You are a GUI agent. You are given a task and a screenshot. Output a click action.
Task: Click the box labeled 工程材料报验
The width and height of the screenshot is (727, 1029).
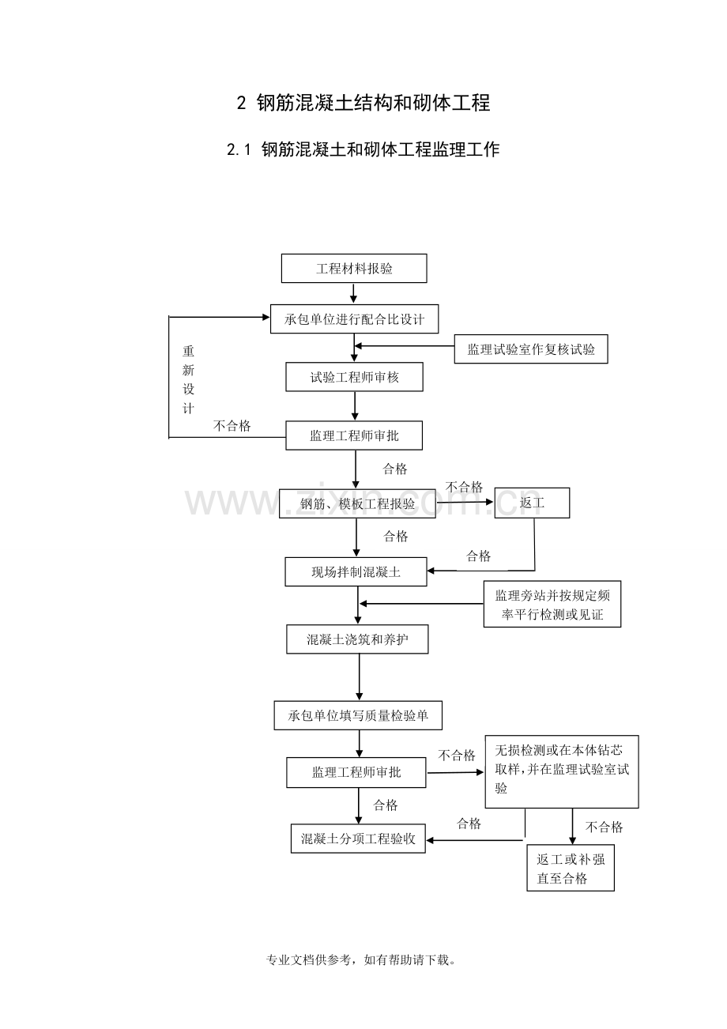tap(354, 268)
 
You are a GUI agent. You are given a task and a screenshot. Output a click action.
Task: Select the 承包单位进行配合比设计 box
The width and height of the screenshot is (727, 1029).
tap(354, 319)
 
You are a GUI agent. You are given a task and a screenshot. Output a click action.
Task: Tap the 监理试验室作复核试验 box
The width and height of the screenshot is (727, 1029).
tap(531, 349)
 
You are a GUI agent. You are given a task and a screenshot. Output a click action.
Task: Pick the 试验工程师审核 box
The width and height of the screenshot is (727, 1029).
tap(354, 377)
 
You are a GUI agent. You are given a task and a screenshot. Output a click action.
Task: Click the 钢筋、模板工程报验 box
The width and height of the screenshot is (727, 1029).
tap(357, 503)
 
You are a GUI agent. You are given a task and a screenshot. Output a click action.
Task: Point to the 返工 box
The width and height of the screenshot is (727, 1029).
tap(532, 503)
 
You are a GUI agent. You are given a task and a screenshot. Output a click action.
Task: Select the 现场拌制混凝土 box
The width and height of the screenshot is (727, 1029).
tap(356, 571)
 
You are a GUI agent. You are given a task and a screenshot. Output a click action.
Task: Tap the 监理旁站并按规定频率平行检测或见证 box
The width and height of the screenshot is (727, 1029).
tap(552, 605)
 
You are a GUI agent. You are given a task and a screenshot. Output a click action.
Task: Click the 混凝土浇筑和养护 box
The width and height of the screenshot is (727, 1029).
tap(357, 639)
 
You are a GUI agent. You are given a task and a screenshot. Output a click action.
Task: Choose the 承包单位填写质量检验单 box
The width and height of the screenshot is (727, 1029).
tap(358, 715)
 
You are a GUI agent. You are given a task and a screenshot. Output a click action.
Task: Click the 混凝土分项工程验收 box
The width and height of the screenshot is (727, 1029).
tap(358, 838)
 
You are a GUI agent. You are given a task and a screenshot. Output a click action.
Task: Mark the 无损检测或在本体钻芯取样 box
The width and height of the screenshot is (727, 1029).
tap(562, 771)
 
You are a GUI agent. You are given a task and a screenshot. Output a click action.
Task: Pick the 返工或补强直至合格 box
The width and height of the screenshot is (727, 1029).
tap(571, 869)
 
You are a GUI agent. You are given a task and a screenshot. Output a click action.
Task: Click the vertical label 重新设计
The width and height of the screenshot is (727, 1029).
tap(189, 379)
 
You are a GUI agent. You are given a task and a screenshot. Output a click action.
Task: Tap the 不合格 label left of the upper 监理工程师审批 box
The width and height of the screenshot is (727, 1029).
tap(232, 426)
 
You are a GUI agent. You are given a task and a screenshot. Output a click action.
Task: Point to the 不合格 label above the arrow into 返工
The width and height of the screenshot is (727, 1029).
tap(464, 487)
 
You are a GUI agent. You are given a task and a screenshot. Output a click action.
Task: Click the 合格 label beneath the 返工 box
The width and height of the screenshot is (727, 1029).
tap(478, 556)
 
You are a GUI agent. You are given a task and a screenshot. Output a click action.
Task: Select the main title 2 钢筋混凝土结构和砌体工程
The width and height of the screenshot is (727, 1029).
tap(363, 103)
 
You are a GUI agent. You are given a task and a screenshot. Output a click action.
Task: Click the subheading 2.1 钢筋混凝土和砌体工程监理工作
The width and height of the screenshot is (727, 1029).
tap(363, 149)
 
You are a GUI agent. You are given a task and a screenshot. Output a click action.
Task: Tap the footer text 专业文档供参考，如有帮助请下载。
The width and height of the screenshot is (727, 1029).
tap(363, 960)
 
